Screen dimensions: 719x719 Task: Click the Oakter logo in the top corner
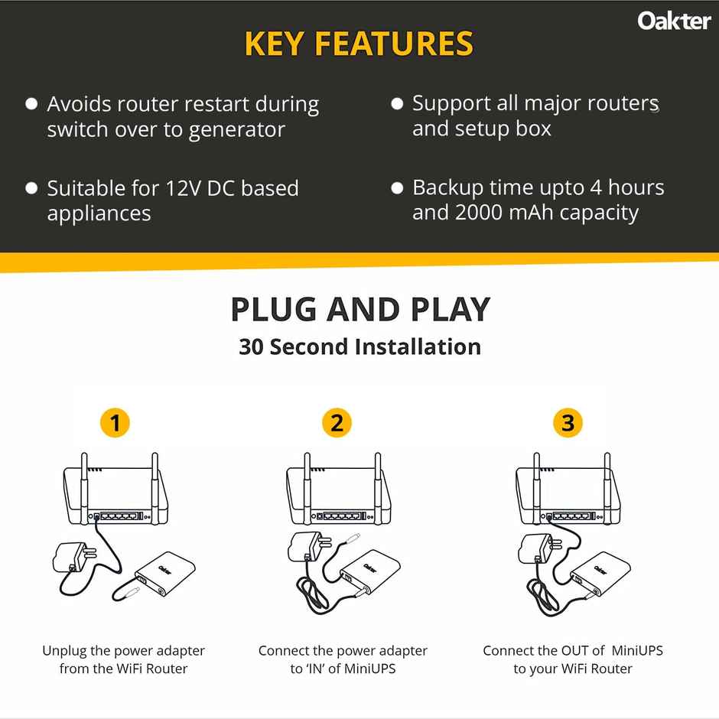674,21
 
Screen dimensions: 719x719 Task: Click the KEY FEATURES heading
359,44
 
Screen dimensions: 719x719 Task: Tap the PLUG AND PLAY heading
359,310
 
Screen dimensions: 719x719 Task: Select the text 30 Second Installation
359,346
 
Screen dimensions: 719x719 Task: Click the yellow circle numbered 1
115,423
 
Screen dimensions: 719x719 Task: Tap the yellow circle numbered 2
337,423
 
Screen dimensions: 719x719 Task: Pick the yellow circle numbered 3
567,423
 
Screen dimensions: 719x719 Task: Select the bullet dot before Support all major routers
396,103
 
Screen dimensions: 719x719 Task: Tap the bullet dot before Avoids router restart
31,103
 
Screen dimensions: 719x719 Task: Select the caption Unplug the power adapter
123,651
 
